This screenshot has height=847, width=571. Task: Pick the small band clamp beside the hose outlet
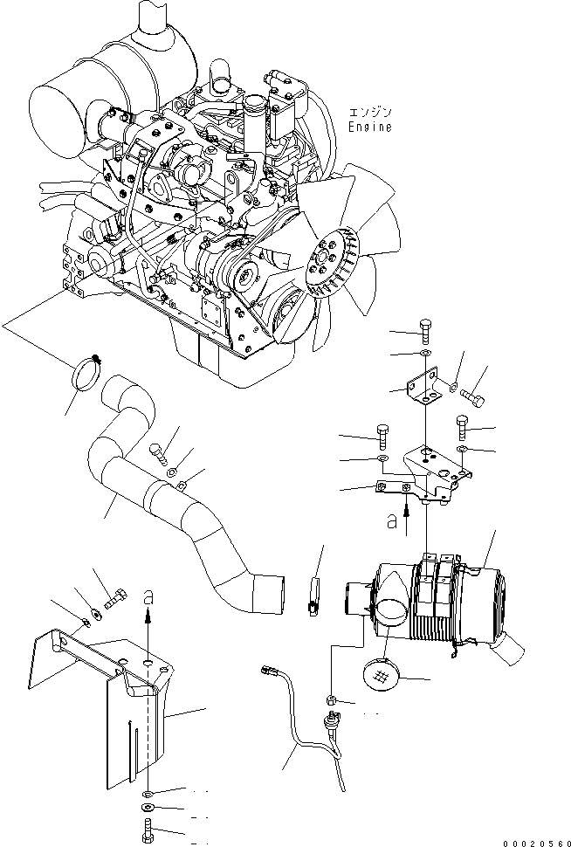(313, 593)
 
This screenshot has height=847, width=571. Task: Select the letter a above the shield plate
(148, 596)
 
